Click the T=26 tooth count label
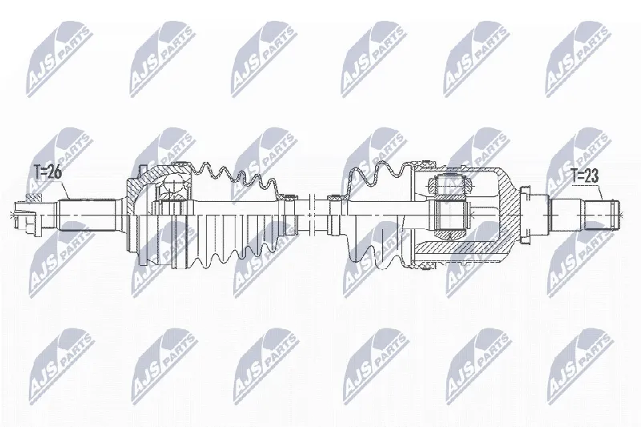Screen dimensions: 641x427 (x=47, y=172)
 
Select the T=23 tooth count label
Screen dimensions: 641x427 (x=585, y=176)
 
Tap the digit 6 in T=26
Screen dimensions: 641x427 (x=57, y=172)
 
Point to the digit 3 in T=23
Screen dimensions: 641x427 (x=595, y=176)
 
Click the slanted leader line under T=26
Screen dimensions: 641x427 (x=66, y=189)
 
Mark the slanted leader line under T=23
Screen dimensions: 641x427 (x=600, y=193)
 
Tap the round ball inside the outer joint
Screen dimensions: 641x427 (x=175, y=185)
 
